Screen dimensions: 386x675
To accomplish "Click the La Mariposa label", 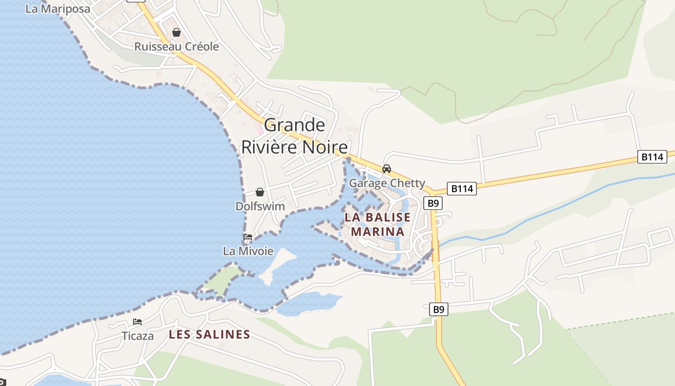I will click(x=57, y=9).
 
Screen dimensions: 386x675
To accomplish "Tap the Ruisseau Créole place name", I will click(x=176, y=47).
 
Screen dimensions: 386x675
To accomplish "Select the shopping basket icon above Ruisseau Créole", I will click(x=176, y=32).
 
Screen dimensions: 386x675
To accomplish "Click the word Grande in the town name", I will click(x=295, y=125).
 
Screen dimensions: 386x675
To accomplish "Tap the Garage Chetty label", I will click(x=387, y=183).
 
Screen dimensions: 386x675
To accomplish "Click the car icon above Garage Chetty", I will click(x=387, y=169).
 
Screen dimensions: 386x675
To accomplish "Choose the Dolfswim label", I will click(x=260, y=207).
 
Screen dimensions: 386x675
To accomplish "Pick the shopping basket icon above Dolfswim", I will click(x=260, y=192).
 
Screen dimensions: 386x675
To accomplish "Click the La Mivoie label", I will click(x=248, y=251).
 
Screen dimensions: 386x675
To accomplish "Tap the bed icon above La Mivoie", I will click(x=248, y=237).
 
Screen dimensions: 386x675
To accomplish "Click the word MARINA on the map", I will click(x=377, y=232).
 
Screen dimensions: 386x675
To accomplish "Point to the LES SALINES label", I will click(x=209, y=334).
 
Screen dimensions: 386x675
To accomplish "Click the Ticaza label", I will click(x=137, y=336).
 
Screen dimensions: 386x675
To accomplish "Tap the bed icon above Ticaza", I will click(x=137, y=322).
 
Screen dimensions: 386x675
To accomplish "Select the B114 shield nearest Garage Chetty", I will click(x=462, y=189).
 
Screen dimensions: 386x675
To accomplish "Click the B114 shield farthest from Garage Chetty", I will click(x=652, y=157).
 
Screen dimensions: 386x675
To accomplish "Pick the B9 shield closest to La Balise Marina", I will click(x=432, y=203).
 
